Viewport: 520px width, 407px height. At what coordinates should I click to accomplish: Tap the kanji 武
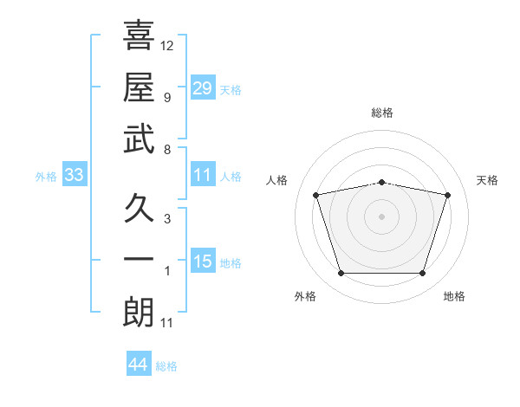[x=139, y=139]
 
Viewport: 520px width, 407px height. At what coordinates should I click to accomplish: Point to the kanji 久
[x=139, y=208]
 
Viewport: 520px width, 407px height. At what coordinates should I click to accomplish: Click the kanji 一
[x=139, y=260]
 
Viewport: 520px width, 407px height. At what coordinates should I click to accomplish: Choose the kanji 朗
[x=139, y=313]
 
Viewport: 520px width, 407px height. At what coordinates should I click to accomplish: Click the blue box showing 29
[x=202, y=87]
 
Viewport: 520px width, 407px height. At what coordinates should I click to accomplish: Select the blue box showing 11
[x=202, y=174]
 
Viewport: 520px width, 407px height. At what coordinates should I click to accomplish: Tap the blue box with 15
[x=202, y=262]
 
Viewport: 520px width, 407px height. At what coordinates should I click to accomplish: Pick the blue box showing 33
[x=74, y=175]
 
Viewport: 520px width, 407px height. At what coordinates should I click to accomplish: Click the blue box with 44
[x=138, y=365]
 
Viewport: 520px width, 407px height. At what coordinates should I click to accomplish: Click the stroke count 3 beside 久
[x=167, y=218]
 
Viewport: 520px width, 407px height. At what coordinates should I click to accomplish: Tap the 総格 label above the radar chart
[x=381, y=113]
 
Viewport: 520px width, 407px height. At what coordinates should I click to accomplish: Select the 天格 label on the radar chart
[x=487, y=180]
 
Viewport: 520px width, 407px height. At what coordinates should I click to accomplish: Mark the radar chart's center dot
[x=381, y=216]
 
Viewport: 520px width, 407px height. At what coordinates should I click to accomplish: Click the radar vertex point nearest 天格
[x=448, y=195]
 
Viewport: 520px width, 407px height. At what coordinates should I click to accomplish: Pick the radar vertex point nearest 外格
[x=341, y=274]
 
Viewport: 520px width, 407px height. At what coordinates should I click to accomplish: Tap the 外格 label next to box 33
[x=46, y=176]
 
